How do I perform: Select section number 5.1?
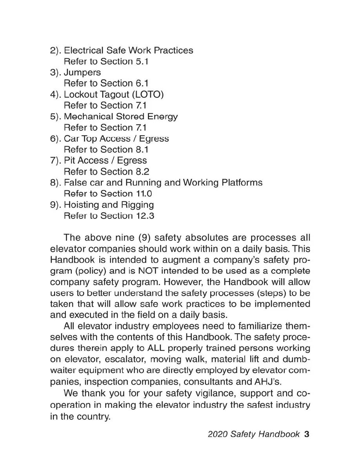[142, 62]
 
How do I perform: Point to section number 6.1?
[142, 84]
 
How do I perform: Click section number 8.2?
[142, 172]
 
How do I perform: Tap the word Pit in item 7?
[69, 161]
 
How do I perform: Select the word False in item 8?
[74, 183]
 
